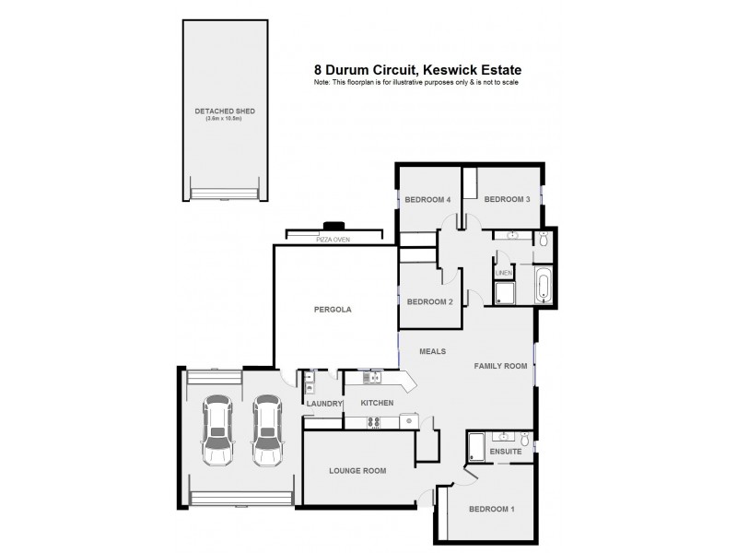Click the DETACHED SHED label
click(x=225, y=111)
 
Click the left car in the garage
click(x=217, y=431)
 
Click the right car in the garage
click(x=268, y=431)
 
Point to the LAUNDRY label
click(x=323, y=404)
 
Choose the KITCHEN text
click(x=377, y=404)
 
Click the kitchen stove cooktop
click(x=376, y=422)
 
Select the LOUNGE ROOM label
click(x=357, y=471)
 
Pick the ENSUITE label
click(x=506, y=453)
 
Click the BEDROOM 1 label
click(x=491, y=509)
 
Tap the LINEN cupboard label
click(x=504, y=274)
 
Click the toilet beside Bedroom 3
click(x=544, y=240)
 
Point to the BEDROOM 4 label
click(x=427, y=199)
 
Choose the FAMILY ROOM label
click(x=500, y=366)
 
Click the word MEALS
click(x=433, y=351)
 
